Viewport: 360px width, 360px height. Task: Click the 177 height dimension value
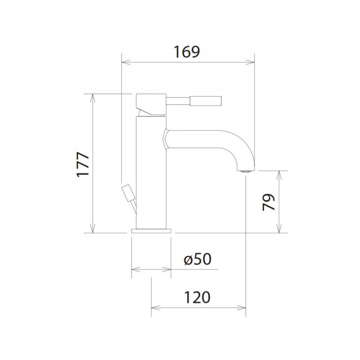84,164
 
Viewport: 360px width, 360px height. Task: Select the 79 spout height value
268,202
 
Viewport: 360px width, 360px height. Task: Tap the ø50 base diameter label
197,260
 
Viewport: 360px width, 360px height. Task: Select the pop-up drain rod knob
128,193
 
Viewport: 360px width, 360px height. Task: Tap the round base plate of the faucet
152,230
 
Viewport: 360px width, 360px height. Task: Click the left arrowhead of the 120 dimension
154,309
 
